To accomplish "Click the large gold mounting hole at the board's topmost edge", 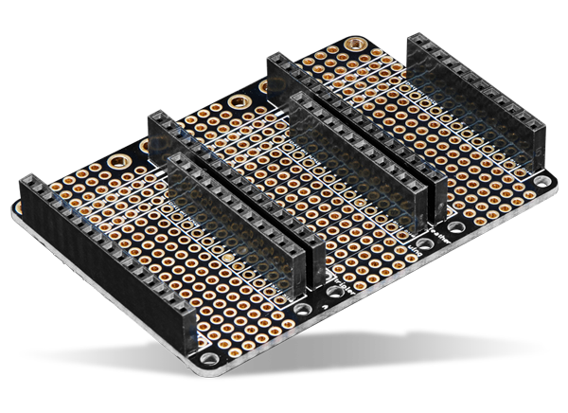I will click(357, 44).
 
